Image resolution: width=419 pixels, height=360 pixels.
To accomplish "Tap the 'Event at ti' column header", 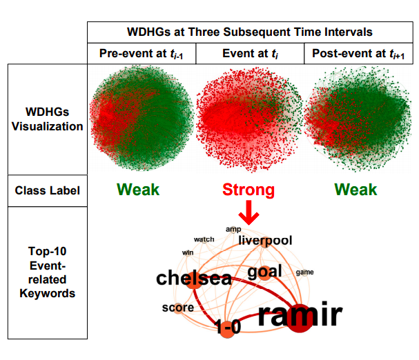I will (x=250, y=54).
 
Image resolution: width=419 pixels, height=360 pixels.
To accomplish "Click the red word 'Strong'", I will (x=248, y=190).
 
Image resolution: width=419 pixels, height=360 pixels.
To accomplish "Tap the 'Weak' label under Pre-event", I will (x=137, y=190).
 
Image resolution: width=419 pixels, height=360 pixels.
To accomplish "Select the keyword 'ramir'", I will (x=300, y=315).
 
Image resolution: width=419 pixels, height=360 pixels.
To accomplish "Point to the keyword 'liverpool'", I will (x=265, y=241).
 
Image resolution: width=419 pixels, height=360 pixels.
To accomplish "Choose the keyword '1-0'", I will (x=227, y=328).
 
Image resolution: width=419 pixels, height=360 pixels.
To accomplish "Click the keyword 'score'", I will (x=178, y=307).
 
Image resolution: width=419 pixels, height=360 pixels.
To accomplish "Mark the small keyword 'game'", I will (x=304, y=272).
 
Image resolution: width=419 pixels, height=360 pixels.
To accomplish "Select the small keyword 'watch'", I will (x=204, y=239).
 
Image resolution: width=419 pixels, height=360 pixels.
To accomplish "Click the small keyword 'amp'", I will (x=233, y=228).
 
